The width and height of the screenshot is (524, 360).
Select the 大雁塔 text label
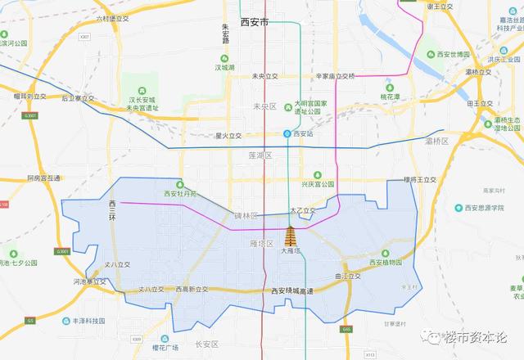[x=292, y=251]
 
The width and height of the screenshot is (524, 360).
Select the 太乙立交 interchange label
[x=302, y=211]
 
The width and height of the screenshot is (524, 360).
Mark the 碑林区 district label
[x=246, y=215]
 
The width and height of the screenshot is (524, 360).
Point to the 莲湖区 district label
[x=259, y=155]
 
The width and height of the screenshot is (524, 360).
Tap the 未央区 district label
[x=264, y=106]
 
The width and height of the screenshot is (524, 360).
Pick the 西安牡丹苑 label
[x=182, y=194]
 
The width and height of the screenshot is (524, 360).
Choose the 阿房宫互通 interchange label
[x=43, y=178]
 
